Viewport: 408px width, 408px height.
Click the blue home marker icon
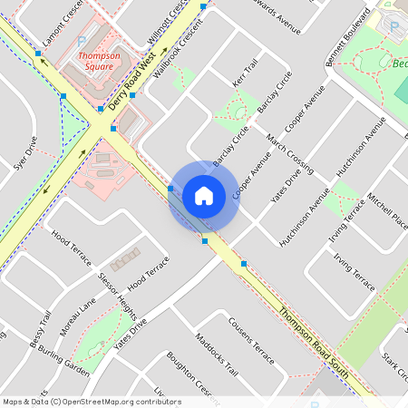204,195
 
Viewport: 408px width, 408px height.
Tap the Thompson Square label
99,61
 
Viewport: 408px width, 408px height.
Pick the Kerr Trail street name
246,73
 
